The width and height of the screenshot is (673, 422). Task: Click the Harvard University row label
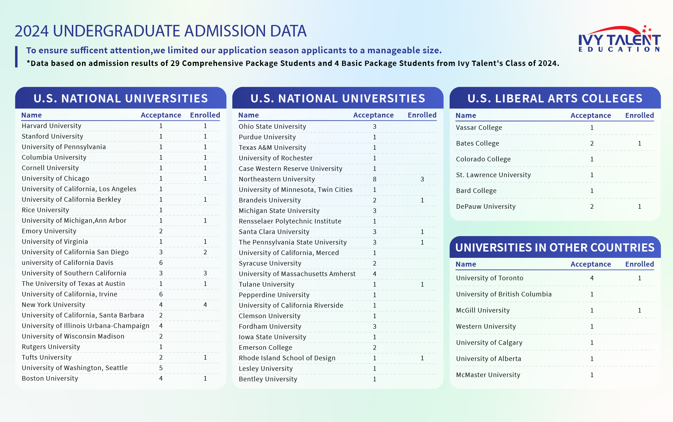tap(52, 126)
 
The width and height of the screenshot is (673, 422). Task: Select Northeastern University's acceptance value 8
tap(374, 179)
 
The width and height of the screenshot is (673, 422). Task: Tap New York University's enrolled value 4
tap(205, 305)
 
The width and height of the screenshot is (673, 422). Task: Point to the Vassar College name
tap(479, 128)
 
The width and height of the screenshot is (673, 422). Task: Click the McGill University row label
tap(483, 310)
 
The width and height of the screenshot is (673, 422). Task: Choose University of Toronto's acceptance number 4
tap(592, 278)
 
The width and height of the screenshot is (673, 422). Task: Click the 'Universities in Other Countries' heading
tap(555, 248)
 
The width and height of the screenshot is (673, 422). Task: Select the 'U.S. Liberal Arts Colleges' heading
tap(555, 99)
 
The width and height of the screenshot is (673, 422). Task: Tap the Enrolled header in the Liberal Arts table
tap(639, 115)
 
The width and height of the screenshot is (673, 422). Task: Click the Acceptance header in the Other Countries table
tap(590, 264)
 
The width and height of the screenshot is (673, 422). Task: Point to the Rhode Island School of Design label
tap(287, 358)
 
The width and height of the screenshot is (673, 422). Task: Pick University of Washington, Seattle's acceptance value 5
tap(161, 368)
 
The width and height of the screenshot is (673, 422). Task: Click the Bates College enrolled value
tap(639, 143)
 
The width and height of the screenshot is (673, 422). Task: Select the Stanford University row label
tap(52, 136)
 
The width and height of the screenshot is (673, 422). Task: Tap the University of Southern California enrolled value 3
tap(205, 273)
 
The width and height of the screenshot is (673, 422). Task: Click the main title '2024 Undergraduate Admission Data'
tap(161, 31)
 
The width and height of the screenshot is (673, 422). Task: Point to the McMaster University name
tap(488, 375)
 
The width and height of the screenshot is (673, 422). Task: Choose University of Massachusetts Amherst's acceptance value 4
tap(374, 274)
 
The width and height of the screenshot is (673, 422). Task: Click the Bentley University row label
tap(268, 379)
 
